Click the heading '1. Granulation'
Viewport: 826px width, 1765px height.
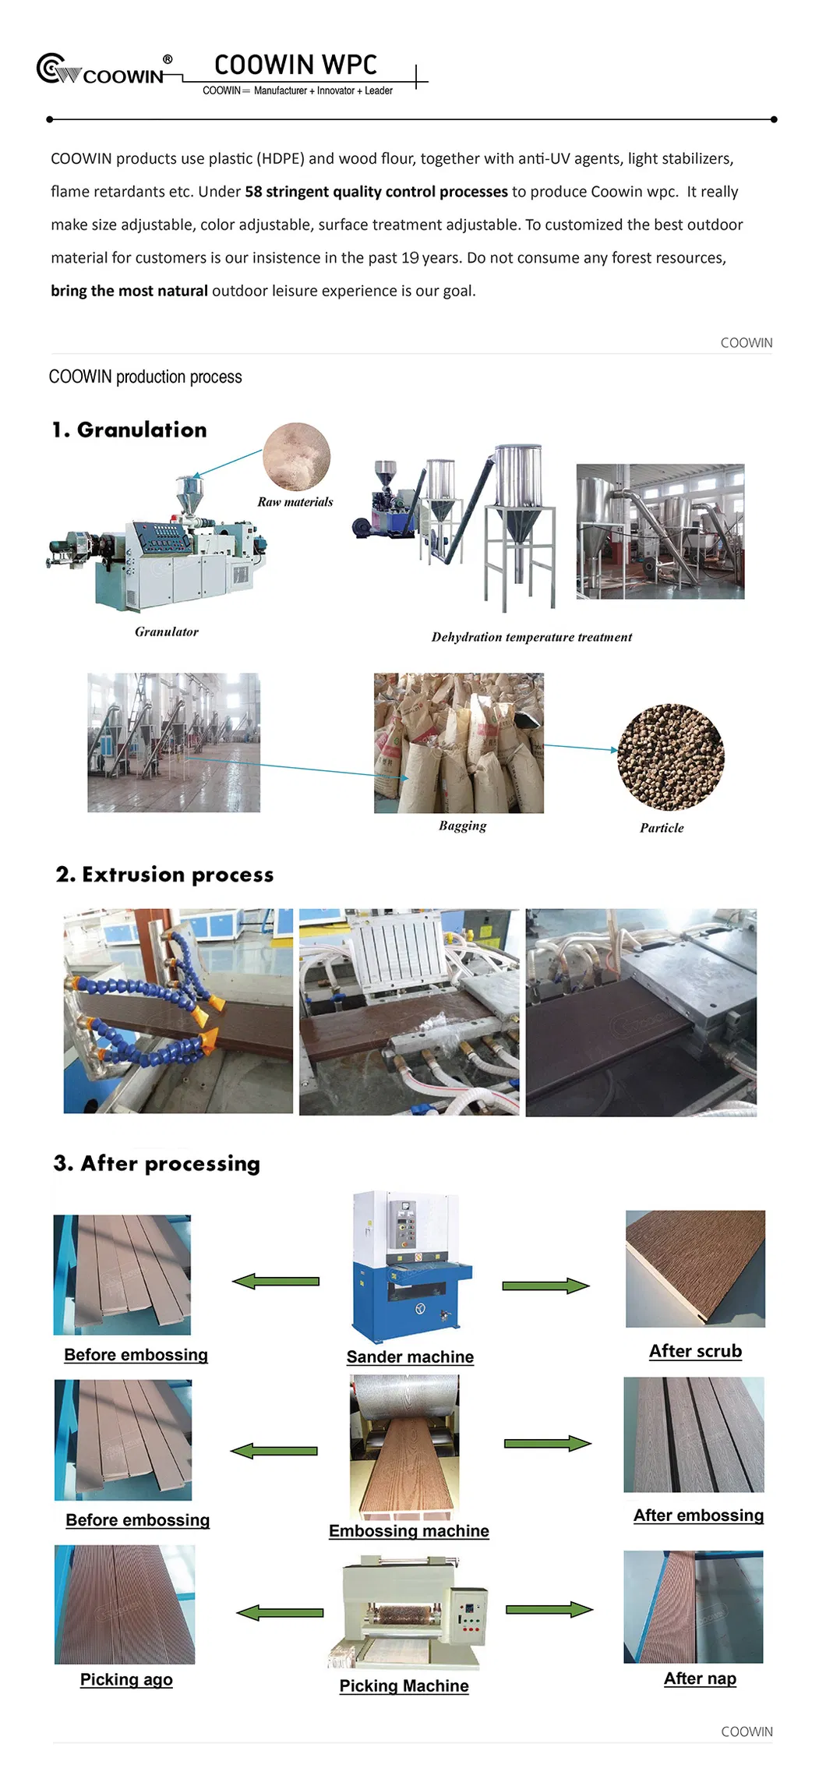(129, 430)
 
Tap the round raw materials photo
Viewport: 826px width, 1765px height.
(296, 457)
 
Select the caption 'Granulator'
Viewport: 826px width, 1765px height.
(166, 632)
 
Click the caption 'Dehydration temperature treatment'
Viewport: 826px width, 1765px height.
(531, 638)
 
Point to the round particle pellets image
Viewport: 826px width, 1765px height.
(670, 757)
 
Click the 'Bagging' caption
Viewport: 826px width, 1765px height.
(462, 826)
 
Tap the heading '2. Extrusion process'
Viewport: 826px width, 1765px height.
(164, 875)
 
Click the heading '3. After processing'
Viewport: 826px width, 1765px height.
(157, 1164)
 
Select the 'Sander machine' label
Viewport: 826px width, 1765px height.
(410, 1357)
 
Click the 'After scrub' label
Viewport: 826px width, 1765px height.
(695, 1352)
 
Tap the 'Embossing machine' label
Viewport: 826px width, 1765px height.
(408, 1531)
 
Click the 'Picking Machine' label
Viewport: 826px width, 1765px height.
(404, 1686)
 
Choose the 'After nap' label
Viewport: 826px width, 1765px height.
(700, 1678)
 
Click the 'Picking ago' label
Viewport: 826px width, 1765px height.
(126, 1680)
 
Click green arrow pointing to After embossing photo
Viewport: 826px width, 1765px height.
(547, 1444)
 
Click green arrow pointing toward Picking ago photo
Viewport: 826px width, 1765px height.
(280, 1612)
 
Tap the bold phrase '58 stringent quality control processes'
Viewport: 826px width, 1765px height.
(376, 192)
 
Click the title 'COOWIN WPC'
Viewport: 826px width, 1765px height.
(295, 65)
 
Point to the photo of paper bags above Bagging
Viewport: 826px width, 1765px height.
(459, 743)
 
